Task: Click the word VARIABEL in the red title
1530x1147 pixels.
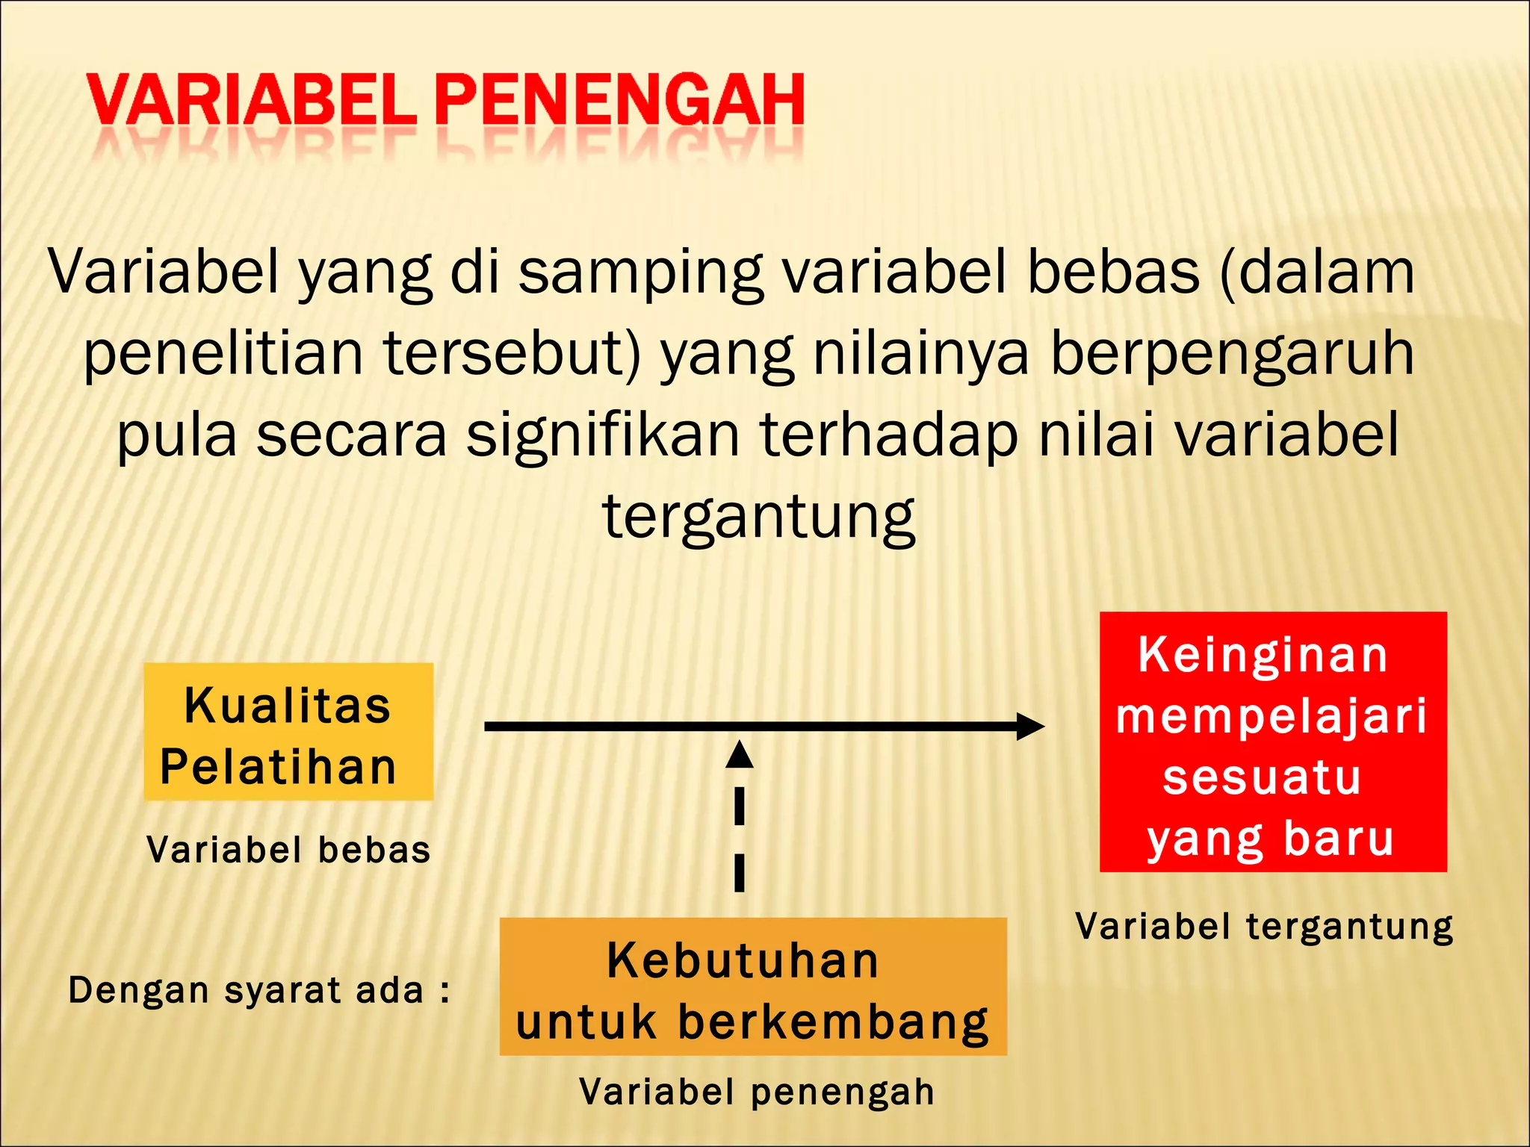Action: (x=251, y=101)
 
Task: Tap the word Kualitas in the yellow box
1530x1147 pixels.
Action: (x=288, y=706)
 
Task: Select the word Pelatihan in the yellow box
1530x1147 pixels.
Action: (x=279, y=768)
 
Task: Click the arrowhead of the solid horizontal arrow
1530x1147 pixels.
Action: (x=1031, y=726)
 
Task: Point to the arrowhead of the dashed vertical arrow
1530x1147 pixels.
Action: (x=740, y=754)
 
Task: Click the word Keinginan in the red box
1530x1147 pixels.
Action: (x=1263, y=655)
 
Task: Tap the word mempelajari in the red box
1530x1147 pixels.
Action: (x=1272, y=715)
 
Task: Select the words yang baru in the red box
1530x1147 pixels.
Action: (x=1271, y=838)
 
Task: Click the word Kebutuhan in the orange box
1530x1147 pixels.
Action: (x=743, y=960)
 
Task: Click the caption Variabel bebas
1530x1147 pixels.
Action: (x=289, y=851)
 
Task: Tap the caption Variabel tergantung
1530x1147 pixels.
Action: (x=1265, y=927)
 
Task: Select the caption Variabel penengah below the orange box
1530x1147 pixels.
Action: (x=757, y=1092)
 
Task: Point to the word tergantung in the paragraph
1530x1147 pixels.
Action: (x=758, y=517)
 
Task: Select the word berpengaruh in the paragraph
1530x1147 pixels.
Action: (x=1233, y=354)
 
